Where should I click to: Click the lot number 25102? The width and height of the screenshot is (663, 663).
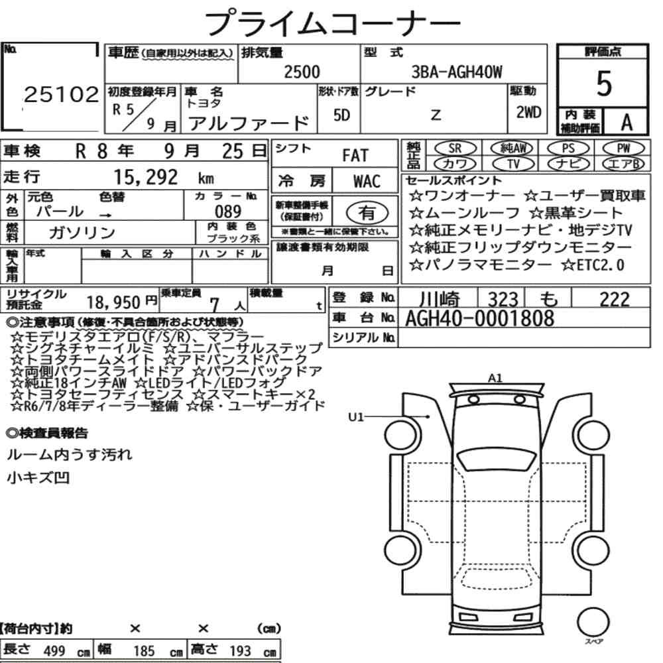(61, 94)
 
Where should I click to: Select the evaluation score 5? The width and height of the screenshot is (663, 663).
(604, 84)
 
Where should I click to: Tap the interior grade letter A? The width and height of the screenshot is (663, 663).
(627, 123)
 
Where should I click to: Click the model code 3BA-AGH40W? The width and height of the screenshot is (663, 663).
(457, 72)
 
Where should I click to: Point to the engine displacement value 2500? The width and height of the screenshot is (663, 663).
(302, 72)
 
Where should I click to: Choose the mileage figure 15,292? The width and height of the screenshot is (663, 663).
(146, 177)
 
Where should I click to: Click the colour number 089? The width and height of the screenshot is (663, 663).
(228, 211)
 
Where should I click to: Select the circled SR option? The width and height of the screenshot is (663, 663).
(455, 149)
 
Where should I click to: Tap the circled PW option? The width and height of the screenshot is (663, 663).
(624, 149)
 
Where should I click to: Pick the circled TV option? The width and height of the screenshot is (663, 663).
(514, 164)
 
